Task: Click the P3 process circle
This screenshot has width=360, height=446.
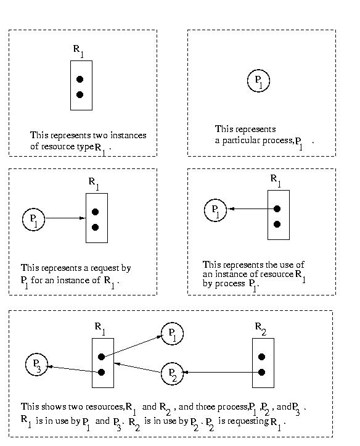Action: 36,365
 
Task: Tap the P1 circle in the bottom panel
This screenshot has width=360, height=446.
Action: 172,333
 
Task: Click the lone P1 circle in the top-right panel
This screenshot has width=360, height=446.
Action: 258,81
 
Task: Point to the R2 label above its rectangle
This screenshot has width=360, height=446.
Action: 261,329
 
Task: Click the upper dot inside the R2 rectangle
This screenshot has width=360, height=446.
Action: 262,357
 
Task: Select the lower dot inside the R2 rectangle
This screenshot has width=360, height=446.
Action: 262,372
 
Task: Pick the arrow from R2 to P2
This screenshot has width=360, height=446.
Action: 223,372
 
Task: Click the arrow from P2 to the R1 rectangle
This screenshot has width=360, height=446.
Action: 137,368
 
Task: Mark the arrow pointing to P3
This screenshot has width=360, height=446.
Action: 75,369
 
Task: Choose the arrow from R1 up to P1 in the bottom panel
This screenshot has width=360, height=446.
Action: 131,346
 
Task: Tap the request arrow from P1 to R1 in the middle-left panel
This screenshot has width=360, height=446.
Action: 65,218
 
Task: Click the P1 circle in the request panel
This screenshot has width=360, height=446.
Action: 33,220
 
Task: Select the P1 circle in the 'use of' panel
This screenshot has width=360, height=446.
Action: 215,210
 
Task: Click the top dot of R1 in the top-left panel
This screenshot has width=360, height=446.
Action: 80,79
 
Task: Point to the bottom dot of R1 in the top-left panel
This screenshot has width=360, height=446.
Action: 80,94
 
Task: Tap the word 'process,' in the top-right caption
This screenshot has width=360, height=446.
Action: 279,141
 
